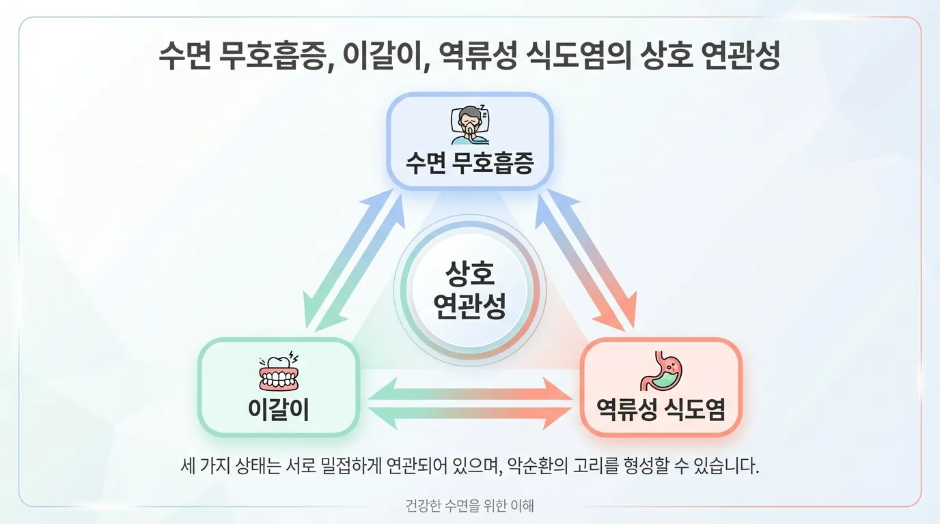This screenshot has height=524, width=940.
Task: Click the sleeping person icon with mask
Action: [469, 124]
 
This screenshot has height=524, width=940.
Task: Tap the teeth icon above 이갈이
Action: [279, 372]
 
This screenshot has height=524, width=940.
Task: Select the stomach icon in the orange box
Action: [661, 371]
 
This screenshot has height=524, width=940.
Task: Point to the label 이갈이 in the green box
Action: [279, 410]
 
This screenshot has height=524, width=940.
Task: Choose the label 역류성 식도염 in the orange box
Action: [661, 410]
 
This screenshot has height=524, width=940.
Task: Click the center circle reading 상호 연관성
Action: [470, 290]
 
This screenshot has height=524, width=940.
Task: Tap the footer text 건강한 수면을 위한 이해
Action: [469, 506]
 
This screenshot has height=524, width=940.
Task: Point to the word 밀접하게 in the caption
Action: [350, 467]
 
